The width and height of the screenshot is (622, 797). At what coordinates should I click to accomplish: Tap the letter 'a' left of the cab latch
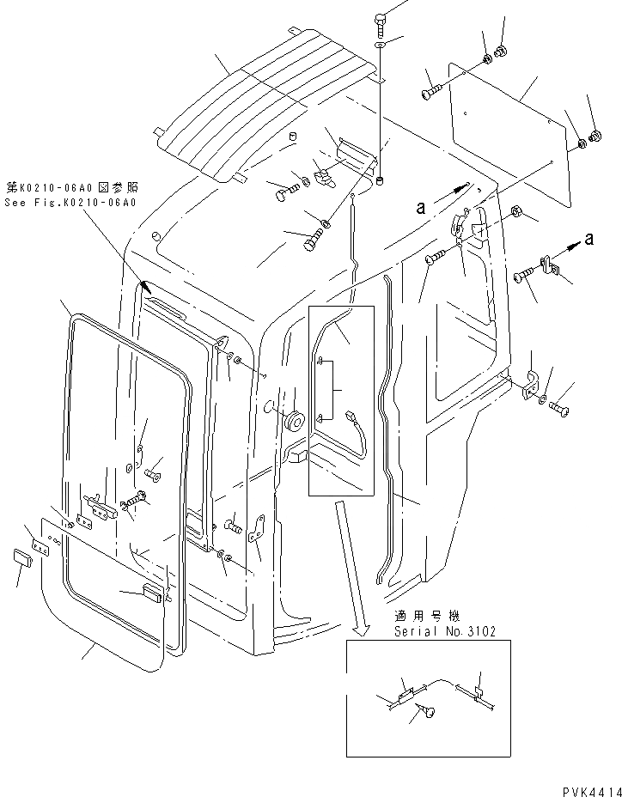point(420,206)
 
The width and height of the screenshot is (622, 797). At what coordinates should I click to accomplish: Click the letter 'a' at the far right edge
point(588,240)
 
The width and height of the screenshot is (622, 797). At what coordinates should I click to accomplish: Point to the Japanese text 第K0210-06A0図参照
point(72,186)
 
